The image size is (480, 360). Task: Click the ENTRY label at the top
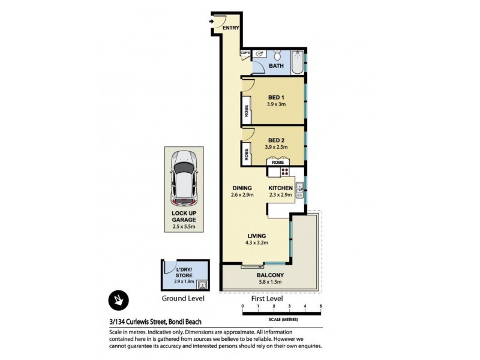(x=231, y=28)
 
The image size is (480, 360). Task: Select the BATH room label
(x=277, y=66)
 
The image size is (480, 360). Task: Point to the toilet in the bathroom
(x=275, y=53)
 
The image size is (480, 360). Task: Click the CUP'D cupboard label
(x=245, y=53)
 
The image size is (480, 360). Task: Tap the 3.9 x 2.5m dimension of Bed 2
(x=276, y=147)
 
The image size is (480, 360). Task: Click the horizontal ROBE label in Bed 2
(x=278, y=162)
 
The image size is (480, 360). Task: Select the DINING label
(x=242, y=188)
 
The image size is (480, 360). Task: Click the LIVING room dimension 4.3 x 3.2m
(x=256, y=243)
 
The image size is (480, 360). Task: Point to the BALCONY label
(x=272, y=275)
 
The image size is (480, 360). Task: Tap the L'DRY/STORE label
(x=184, y=272)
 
